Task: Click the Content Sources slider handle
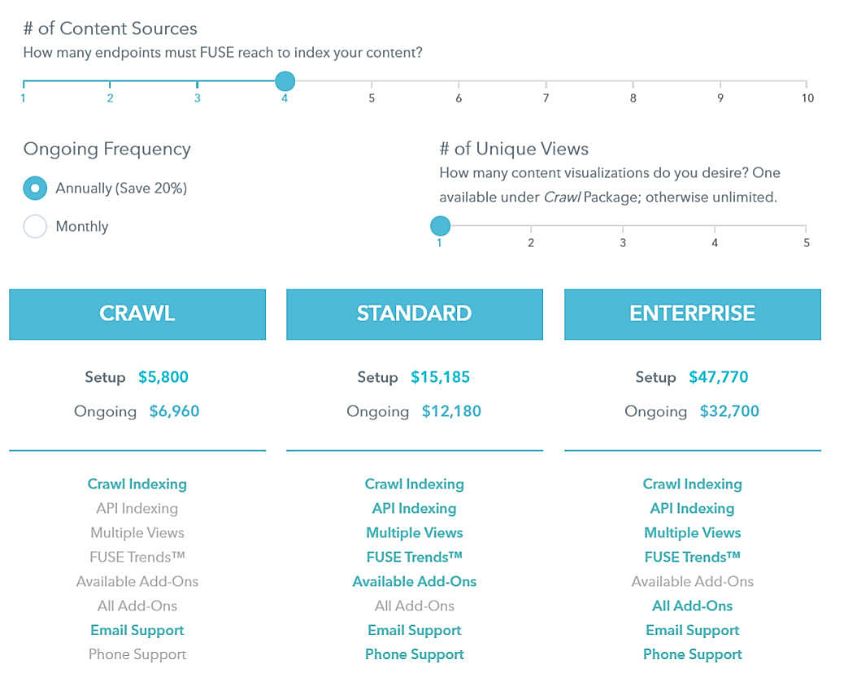click(285, 81)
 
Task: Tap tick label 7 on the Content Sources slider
click(546, 98)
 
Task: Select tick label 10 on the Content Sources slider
click(807, 98)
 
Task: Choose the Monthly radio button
click(35, 227)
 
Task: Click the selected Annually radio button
click(35, 189)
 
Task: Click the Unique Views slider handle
click(440, 226)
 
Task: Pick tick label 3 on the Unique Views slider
click(623, 243)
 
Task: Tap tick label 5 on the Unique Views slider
click(806, 243)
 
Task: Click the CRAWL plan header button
click(137, 314)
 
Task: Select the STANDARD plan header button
click(415, 314)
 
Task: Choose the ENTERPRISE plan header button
click(692, 314)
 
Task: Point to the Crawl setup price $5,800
click(163, 377)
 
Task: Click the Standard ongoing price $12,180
click(451, 411)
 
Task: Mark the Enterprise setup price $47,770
click(718, 377)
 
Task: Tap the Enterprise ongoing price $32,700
click(729, 411)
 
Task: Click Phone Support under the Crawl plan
click(137, 654)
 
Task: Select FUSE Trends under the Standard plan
click(415, 557)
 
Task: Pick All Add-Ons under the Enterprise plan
click(692, 606)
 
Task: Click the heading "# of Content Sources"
click(110, 28)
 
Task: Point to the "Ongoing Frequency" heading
click(107, 149)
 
